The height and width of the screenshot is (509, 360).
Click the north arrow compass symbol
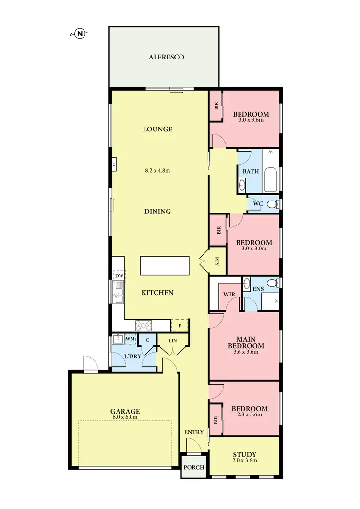(81, 34)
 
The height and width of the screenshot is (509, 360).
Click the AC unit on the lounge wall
(114, 164)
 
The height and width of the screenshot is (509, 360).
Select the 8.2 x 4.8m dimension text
(157, 170)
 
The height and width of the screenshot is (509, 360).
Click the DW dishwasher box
(119, 276)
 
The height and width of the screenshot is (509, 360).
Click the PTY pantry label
(216, 261)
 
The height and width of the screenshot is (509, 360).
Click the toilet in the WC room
(272, 204)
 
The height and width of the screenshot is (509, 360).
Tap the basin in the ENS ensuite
(247, 283)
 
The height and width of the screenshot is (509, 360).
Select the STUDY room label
(244, 454)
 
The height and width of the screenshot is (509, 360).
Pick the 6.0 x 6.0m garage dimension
(125, 417)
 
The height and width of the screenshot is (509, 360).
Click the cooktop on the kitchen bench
(144, 325)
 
